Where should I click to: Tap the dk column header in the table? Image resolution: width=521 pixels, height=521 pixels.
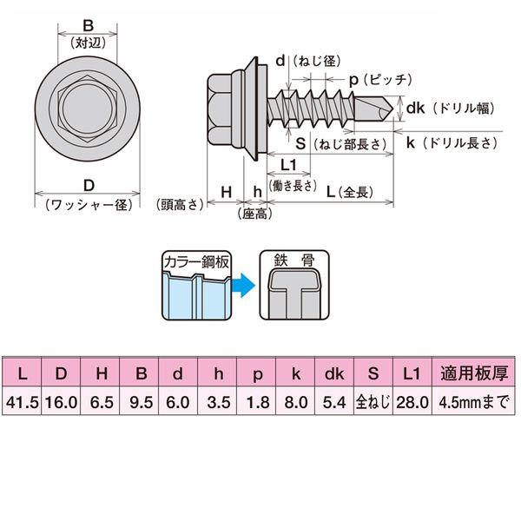click(x=335, y=375)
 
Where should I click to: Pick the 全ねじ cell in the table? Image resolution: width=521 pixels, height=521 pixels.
click(x=373, y=402)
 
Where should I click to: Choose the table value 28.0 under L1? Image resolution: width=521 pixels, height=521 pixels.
click(x=412, y=402)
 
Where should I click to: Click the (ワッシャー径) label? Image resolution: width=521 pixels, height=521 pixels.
click(x=89, y=205)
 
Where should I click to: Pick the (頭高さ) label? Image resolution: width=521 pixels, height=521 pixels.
click(x=180, y=205)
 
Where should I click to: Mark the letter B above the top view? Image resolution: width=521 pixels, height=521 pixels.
click(x=88, y=24)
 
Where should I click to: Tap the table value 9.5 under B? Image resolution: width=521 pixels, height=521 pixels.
click(x=140, y=402)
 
